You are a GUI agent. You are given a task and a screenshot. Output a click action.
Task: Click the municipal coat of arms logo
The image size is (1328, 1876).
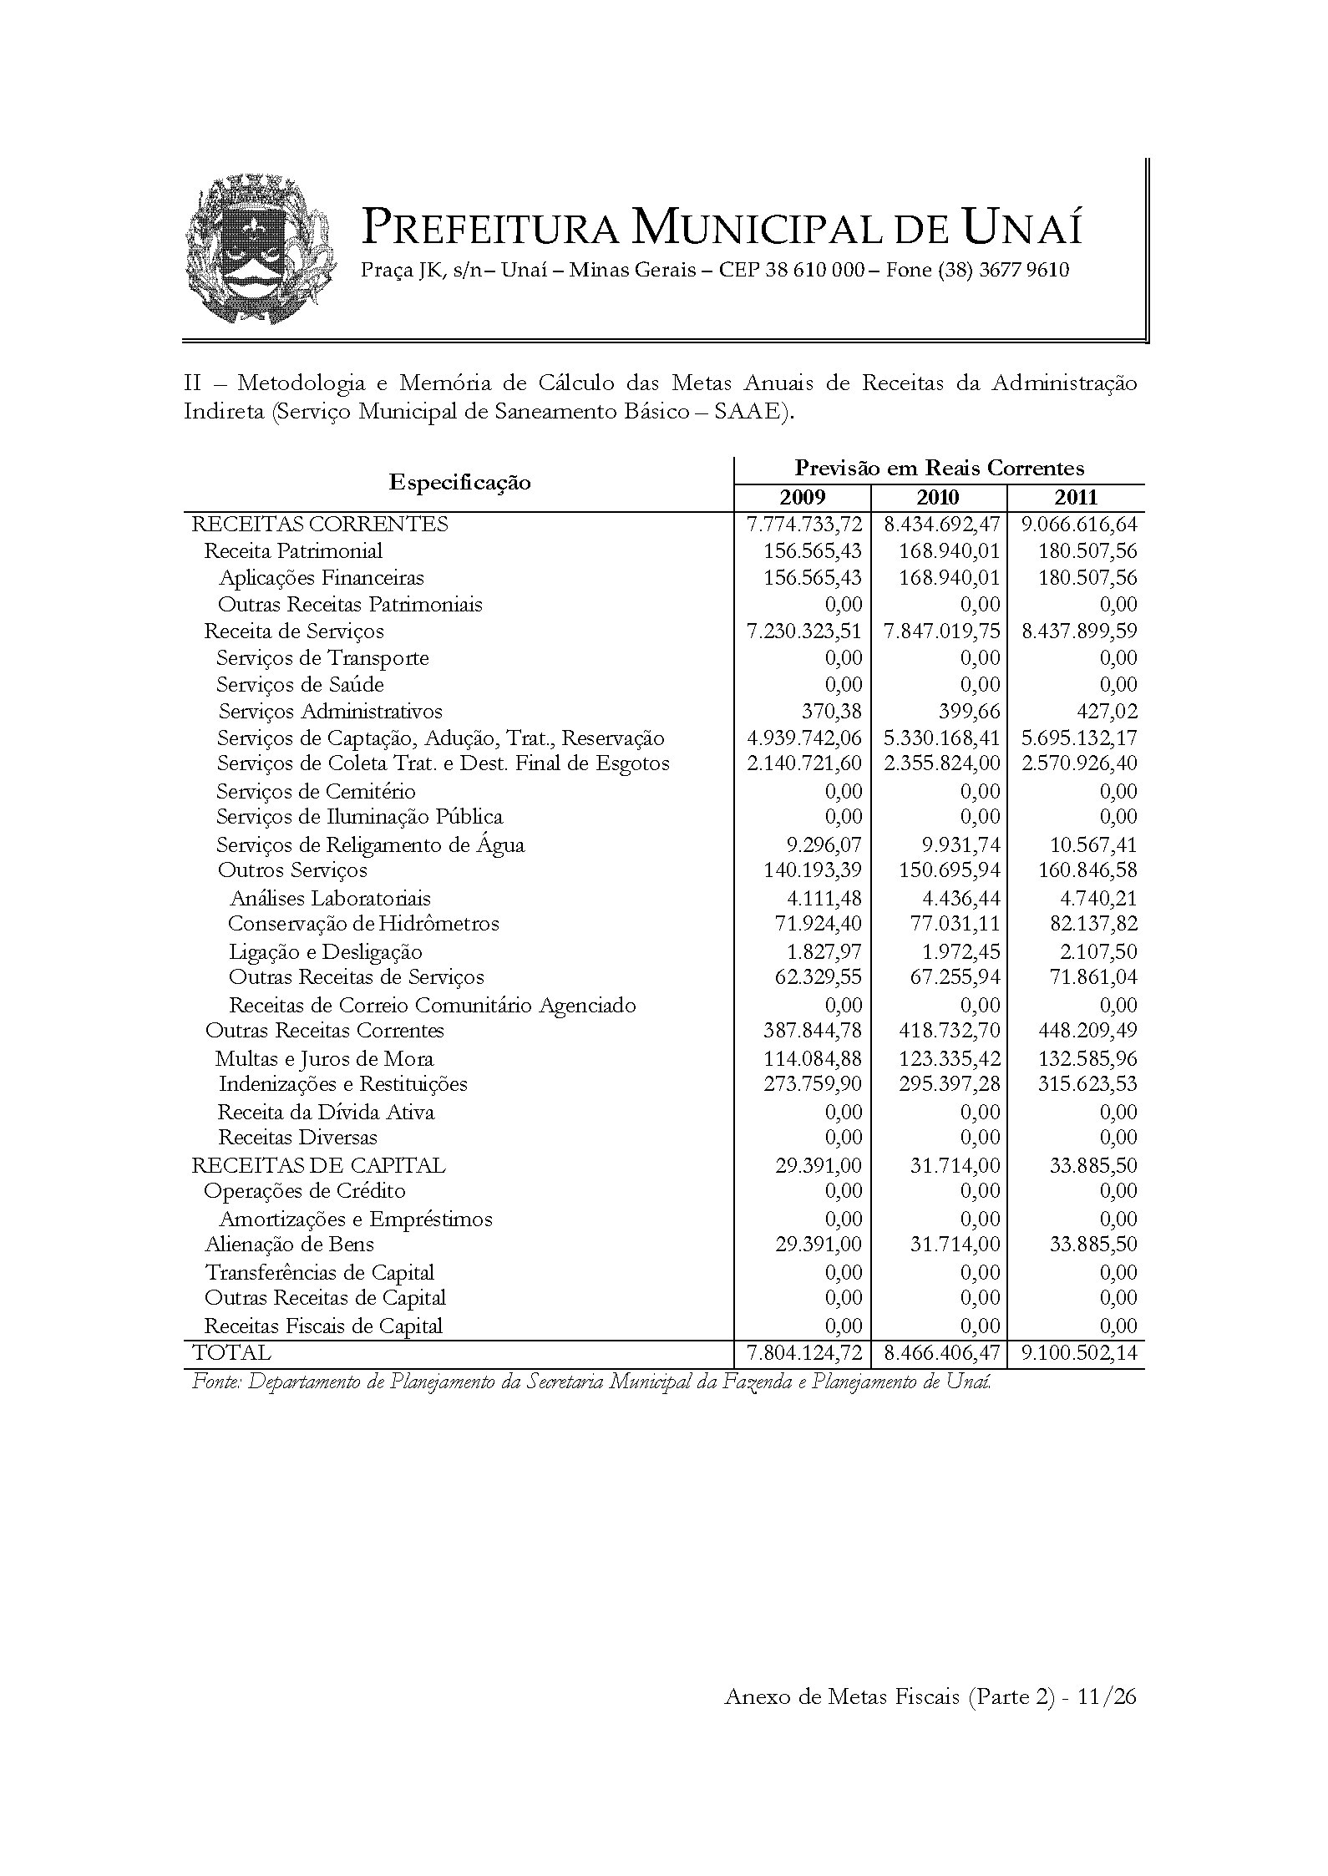click(261, 249)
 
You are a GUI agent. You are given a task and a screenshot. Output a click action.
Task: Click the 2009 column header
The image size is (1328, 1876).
click(802, 498)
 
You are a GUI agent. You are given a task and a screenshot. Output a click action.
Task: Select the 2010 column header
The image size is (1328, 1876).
click(939, 498)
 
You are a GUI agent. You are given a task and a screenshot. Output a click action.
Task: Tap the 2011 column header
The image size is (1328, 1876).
click(1076, 498)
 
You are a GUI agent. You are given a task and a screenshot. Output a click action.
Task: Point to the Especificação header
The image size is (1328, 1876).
click(459, 483)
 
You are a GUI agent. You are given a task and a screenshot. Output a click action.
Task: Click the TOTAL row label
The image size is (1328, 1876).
click(231, 1353)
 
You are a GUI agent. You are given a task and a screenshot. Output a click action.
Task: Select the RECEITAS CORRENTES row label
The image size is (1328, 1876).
click(320, 525)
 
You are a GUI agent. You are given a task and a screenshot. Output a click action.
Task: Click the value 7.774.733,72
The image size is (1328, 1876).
click(803, 525)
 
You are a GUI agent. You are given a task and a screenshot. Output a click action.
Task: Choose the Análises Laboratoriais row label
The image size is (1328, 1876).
click(330, 899)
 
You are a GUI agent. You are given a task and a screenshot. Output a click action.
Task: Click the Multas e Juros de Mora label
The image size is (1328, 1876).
click(324, 1059)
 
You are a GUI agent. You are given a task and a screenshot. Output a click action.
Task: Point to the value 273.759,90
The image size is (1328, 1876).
click(812, 1084)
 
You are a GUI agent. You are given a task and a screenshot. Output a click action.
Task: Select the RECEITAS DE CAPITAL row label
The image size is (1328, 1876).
click(318, 1165)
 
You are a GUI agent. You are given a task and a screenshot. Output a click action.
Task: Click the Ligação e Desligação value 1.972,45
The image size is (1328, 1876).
click(957, 952)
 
